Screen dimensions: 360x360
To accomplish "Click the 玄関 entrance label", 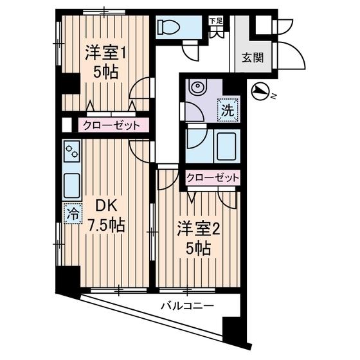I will tap(252, 57).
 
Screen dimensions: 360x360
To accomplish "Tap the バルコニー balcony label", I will tap(187, 306).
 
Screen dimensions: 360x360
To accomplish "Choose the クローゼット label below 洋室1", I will tap(110, 125).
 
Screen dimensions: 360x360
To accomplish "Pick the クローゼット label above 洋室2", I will tap(213, 177).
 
